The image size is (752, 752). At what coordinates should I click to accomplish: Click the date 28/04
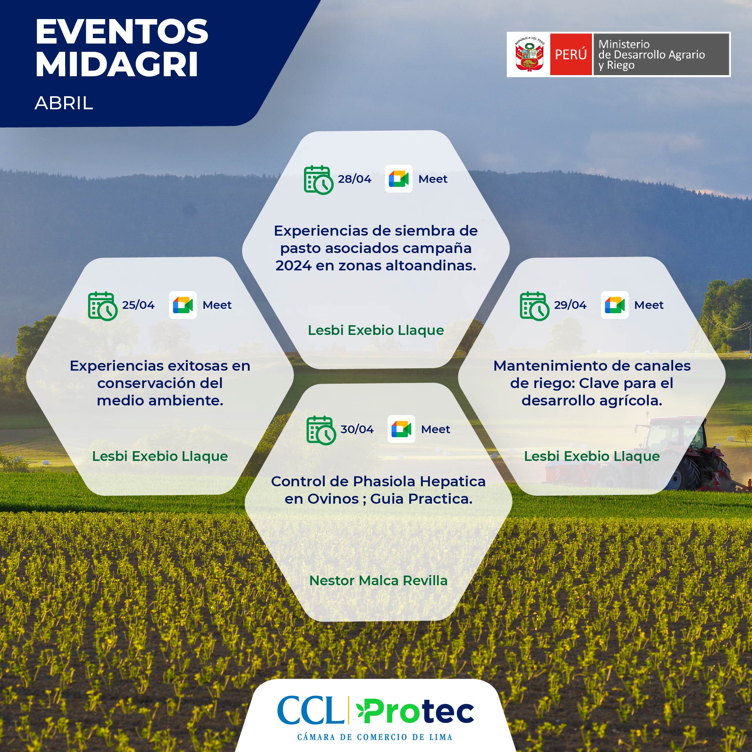[x=354, y=179]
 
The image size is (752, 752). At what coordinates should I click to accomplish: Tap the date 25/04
[x=138, y=305]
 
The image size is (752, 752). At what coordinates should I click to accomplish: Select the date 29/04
[x=570, y=305]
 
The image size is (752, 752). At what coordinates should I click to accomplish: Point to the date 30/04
[x=357, y=429]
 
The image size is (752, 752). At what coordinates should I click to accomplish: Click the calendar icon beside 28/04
[x=318, y=180]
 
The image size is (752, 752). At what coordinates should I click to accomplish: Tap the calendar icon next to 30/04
[x=321, y=430]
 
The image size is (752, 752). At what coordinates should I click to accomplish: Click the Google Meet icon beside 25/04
[x=182, y=305]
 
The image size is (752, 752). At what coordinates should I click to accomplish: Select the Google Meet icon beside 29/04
[x=615, y=305]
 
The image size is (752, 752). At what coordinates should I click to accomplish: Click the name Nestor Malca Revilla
[x=378, y=581]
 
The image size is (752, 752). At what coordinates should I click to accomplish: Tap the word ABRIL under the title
[x=64, y=103]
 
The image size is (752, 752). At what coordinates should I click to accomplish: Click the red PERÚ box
[x=571, y=54]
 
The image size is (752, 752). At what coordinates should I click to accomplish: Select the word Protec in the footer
[x=415, y=711]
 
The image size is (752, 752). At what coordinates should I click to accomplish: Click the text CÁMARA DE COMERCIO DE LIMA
[x=375, y=737]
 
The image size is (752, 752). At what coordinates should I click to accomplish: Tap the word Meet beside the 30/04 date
[x=436, y=429]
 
